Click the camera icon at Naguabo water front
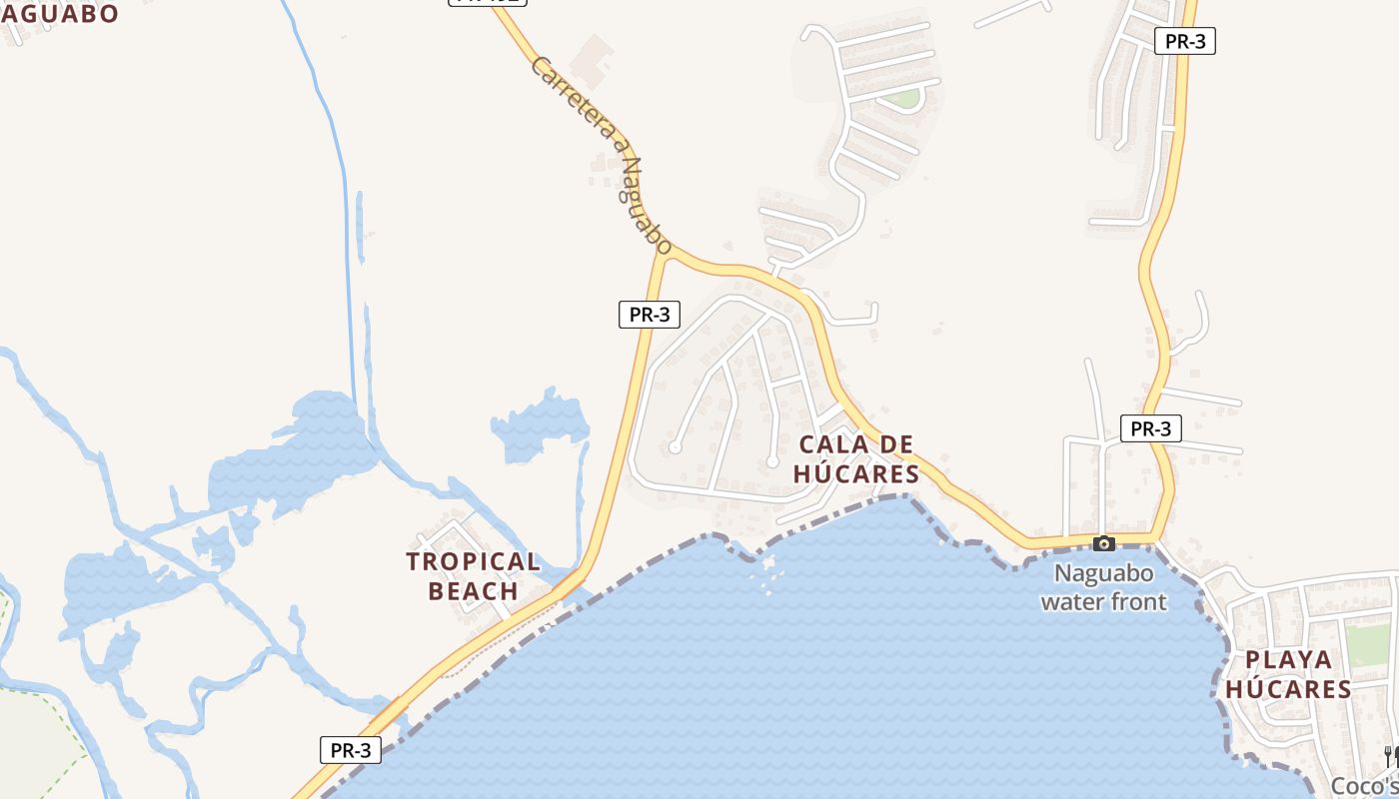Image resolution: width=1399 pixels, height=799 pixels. pos(1104,543)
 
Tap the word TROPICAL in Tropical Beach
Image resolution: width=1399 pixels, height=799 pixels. pos(474,561)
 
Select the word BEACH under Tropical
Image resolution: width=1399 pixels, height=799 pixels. pos(474,591)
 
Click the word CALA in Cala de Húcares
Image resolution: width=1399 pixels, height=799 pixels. pos(827,443)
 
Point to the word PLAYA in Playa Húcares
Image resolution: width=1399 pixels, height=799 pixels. pos(1289,659)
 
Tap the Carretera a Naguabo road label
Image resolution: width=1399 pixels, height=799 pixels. pos(602,154)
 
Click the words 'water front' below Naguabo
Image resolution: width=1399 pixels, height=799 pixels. pos(1103,601)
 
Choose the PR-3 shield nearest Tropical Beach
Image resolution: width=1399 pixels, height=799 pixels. pos(351,750)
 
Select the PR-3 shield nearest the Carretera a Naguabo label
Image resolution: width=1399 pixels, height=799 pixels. pos(650,315)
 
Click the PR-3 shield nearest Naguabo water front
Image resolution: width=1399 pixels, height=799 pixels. pos(1151,428)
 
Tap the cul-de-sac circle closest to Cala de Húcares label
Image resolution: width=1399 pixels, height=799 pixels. pos(772,461)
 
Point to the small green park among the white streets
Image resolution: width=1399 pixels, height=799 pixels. pos(904,98)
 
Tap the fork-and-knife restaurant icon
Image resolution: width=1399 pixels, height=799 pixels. pos(1390,756)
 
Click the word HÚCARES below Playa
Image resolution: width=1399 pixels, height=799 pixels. pos(1289,689)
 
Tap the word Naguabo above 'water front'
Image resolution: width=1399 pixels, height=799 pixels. pos(1104,574)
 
